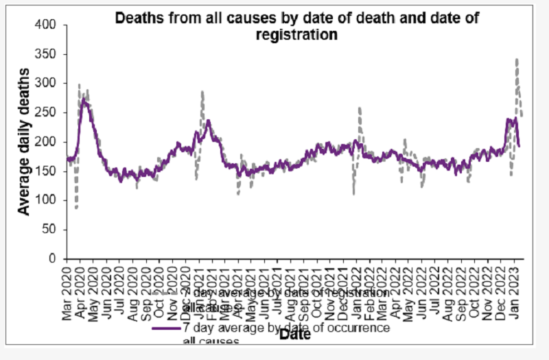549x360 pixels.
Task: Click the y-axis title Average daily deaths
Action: pos(25,143)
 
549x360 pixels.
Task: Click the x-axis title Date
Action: pos(295,334)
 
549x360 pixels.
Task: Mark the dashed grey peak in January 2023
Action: pos(516,60)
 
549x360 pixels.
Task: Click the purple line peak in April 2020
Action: pos(84,99)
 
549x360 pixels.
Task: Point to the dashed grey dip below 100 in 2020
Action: pos(77,208)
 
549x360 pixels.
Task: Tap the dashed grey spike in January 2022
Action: pos(360,108)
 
